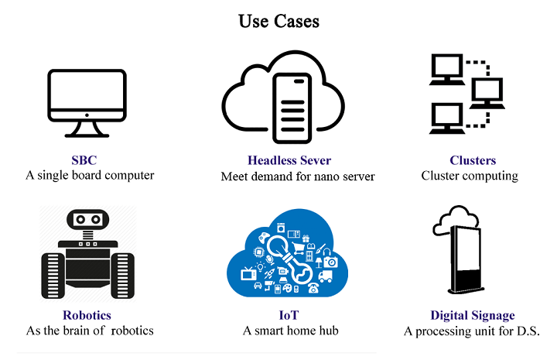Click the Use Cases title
(278, 21)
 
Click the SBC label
(90, 160)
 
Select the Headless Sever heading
(289, 161)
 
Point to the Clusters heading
(472, 161)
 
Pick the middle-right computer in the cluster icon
(487, 93)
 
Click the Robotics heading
(87, 316)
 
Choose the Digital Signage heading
(472, 316)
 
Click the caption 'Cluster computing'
(470, 176)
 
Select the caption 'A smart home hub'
(290, 331)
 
